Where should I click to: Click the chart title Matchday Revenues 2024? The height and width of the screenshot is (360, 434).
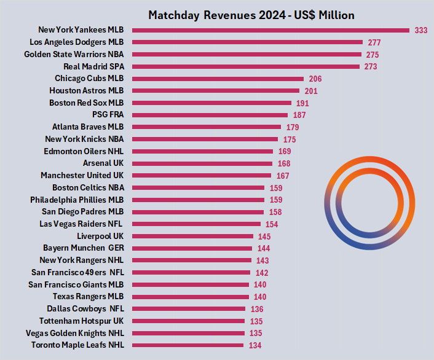coord(251,15)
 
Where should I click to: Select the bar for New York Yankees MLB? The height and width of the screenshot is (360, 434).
coord(270,30)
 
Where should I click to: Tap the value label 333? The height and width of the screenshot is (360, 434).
coord(421,30)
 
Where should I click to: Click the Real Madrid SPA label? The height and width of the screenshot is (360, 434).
coord(93,66)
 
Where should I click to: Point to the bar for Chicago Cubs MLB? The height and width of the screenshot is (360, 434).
coord(218,79)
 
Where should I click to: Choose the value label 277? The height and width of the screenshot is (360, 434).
coord(374,42)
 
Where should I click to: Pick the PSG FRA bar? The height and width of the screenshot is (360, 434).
coord(210,115)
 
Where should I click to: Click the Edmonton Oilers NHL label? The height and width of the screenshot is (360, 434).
coord(84,151)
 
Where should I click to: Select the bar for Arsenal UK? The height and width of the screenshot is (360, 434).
coord(202,163)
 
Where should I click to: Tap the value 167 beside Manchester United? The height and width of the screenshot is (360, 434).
coord(283,176)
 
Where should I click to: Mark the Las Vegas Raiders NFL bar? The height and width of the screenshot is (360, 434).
coord(196,224)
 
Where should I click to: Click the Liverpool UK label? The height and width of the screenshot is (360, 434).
coord(100,236)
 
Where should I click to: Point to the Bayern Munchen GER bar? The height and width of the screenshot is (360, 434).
coord(192,248)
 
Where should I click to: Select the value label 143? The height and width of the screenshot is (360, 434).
coord(261,260)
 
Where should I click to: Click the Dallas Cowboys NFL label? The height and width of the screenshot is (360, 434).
coord(85,309)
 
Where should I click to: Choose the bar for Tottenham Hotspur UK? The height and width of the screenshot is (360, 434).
coord(189,321)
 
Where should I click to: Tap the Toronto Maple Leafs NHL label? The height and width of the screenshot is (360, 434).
coord(77,345)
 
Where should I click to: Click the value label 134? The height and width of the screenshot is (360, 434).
coord(255,345)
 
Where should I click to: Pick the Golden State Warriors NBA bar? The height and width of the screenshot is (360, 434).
coord(246,55)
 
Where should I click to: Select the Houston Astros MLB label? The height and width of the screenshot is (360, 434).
coord(87,91)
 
